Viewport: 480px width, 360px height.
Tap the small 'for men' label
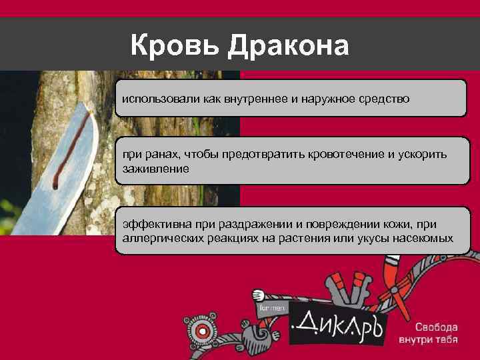pos(272,308)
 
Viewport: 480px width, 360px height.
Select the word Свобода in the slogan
pos(437,328)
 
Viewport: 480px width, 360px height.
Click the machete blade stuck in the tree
pos(53,180)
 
